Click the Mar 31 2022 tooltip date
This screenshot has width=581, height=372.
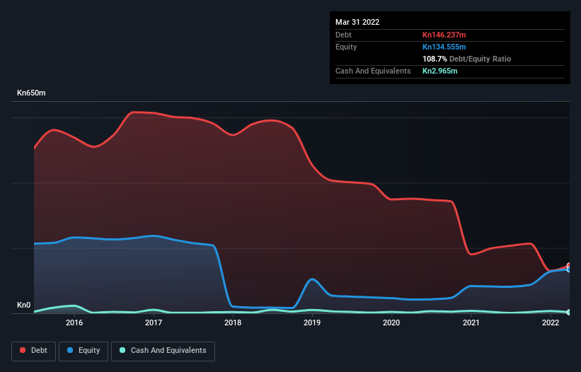[357, 22]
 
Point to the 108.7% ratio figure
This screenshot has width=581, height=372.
[435, 59]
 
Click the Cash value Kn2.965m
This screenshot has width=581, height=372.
[439, 71]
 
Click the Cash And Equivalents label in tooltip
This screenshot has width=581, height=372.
[373, 71]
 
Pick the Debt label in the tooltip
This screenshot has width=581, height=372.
[343, 35]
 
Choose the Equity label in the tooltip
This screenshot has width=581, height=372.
[346, 47]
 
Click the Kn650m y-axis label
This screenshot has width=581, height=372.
[33, 93]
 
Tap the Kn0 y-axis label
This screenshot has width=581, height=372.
[24, 306]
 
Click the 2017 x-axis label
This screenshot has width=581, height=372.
[154, 323]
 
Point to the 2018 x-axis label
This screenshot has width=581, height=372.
[233, 323]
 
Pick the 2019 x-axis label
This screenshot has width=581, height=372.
[312, 323]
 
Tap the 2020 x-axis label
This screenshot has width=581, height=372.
[391, 323]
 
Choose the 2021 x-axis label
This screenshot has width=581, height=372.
[471, 323]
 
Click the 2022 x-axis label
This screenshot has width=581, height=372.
[550, 323]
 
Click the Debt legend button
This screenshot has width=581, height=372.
[33, 351]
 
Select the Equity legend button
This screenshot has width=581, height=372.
[83, 351]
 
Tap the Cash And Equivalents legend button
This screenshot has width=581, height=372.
[163, 351]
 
